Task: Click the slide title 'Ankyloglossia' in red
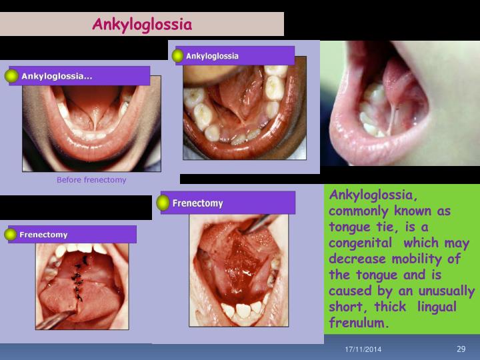pos(142,25)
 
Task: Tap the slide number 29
pos(461,349)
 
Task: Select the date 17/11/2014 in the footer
pos(363,350)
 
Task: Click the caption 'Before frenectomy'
pos(91,180)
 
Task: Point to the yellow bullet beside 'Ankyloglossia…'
pos(11,76)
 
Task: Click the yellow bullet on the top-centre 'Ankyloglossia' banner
pos(177,56)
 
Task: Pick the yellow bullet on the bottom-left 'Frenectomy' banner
pos(11,235)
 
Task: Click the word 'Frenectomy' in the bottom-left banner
pos(43,235)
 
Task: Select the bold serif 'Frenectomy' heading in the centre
pos(197,203)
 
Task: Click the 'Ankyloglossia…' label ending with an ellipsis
pos(57,76)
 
